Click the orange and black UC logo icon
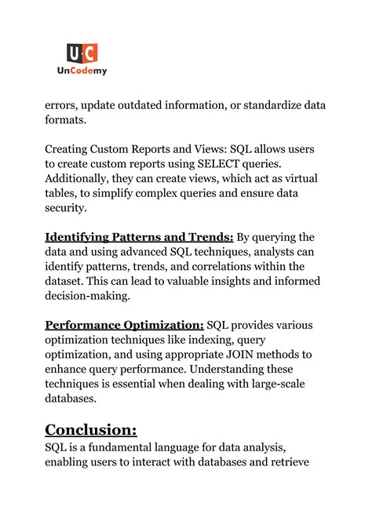click(x=82, y=53)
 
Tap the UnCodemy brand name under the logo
click(x=82, y=71)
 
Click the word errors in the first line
click(x=63, y=104)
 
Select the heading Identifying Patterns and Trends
click(x=139, y=237)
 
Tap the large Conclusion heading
click(x=91, y=429)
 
